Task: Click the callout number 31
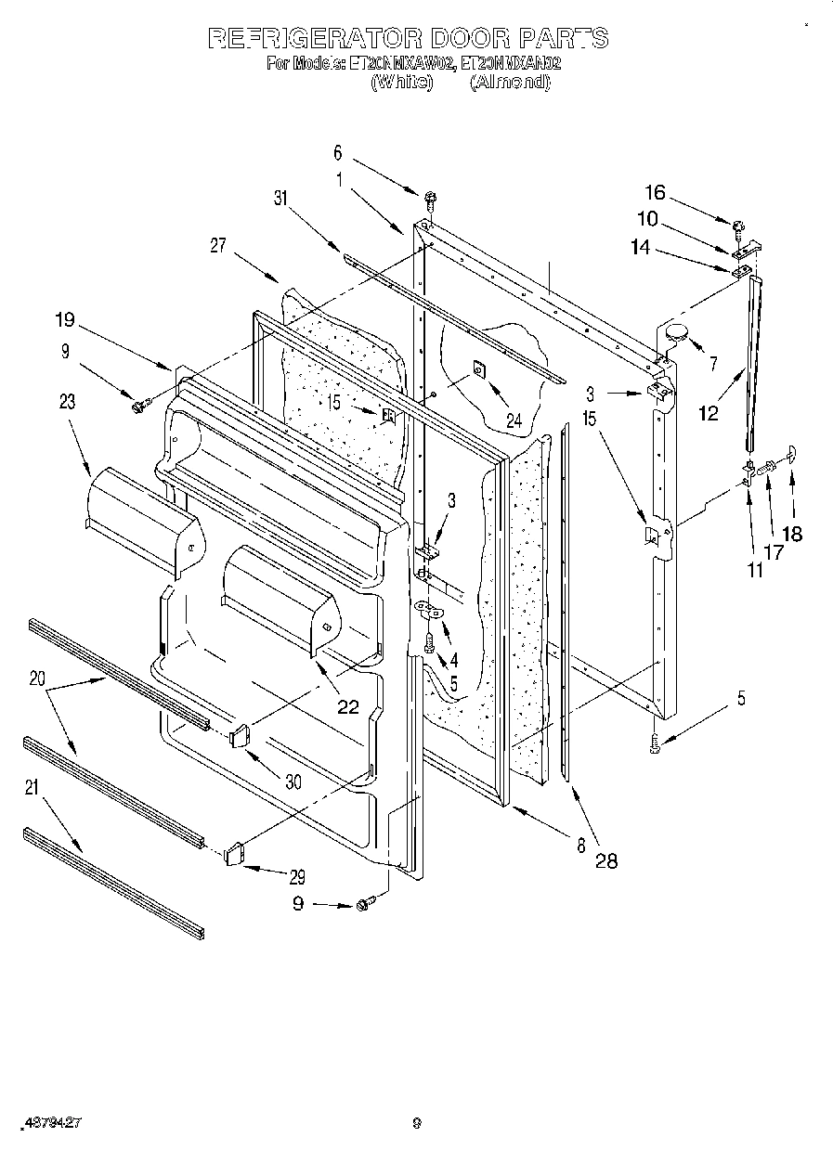[282, 197]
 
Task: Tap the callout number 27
[219, 245]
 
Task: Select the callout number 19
[64, 321]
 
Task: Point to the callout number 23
[67, 402]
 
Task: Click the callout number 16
[655, 192]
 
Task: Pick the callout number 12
[709, 412]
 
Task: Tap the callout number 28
[605, 860]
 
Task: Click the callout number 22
[347, 706]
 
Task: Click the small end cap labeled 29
[234, 852]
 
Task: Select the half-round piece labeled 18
[791, 454]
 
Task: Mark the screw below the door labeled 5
[656, 742]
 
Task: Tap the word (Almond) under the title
[510, 82]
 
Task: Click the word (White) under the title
[401, 82]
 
